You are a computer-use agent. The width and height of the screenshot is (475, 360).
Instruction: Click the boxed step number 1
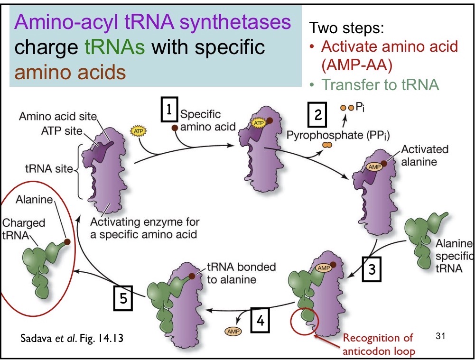click(168, 109)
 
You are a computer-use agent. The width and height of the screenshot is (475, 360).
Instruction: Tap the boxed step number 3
click(372, 268)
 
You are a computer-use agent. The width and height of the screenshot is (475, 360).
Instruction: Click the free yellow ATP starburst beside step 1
click(137, 129)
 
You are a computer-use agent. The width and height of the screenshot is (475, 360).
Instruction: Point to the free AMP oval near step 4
click(233, 331)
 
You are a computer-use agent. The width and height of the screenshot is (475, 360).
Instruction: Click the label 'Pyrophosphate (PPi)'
click(338, 135)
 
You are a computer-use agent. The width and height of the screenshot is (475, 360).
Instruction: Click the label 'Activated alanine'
click(424, 155)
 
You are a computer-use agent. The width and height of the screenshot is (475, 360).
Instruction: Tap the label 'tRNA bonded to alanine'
click(241, 273)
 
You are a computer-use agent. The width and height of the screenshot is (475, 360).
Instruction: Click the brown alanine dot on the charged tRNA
click(68, 241)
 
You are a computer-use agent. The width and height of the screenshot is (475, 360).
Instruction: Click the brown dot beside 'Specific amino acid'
click(175, 128)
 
